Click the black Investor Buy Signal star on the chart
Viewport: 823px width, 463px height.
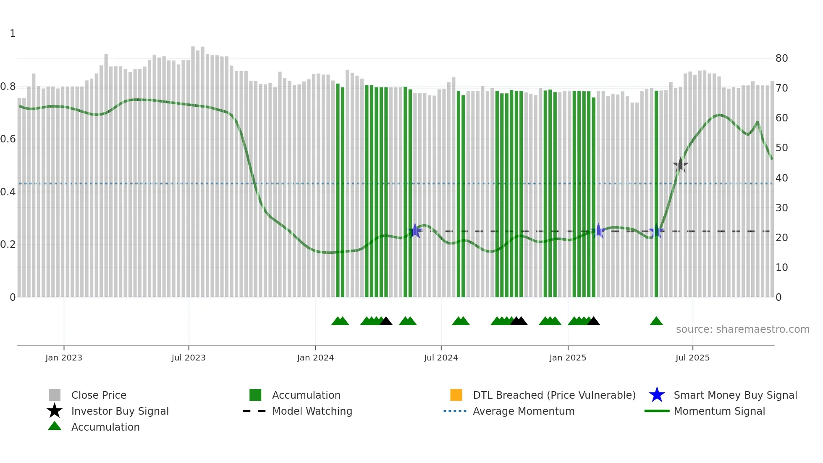tap(680, 166)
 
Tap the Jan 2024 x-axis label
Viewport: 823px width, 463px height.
tap(315, 358)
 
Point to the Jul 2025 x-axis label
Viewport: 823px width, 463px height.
tap(692, 358)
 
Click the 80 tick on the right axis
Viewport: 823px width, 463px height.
tap(781, 58)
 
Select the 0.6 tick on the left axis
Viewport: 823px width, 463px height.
tap(8, 139)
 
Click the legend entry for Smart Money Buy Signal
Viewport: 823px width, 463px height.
tap(735, 395)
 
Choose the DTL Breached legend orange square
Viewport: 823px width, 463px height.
tap(456, 395)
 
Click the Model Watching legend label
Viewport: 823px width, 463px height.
tap(312, 411)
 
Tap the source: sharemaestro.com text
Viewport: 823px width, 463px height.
tap(742, 329)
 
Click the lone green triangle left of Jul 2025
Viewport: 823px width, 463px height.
tap(656, 321)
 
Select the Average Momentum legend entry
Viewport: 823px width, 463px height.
tap(523, 411)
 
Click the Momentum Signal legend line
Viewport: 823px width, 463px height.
tap(657, 411)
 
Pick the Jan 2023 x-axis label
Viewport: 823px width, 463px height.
tap(64, 358)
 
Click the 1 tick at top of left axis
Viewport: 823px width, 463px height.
tap(13, 34)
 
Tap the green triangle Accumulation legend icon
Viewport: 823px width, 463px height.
tap(55, 426)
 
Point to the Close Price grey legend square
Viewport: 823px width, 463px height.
tap(55, 395)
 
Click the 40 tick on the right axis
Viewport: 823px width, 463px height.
tap(781, 178)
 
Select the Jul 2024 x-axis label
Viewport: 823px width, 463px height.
tap(441, 358)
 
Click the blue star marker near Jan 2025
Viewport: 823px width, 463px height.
tap(598, 231)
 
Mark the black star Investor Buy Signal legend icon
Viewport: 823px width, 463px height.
tap(55, 411)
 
